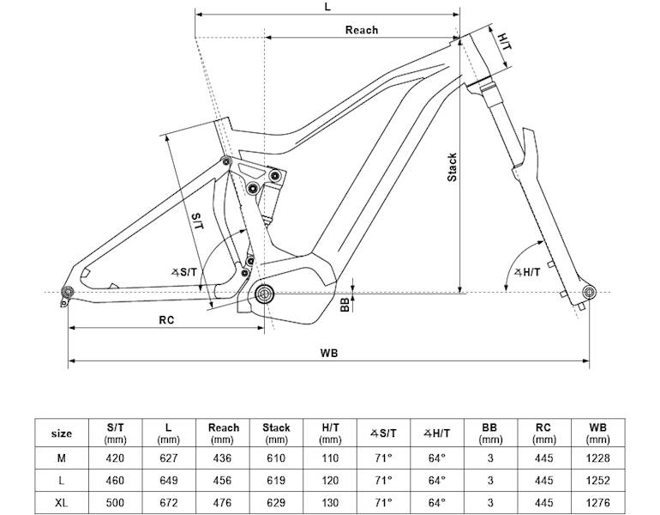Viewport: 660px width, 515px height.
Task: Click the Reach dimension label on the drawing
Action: (x=361, y=30)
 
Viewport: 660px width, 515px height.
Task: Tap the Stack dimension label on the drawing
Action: (x=452, y=167)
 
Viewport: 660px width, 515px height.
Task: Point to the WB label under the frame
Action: (x=328, y=352)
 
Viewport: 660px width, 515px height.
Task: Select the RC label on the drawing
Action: (x=167, y=319)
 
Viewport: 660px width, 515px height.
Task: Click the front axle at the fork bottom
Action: (x=588, y=294)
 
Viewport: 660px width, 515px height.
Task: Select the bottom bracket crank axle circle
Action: (x=263, y=294)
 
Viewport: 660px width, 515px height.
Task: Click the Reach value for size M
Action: (x=224, y=457)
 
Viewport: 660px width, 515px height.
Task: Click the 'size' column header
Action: (x=62, y=433)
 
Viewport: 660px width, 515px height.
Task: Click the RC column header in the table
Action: (x=543, y=433)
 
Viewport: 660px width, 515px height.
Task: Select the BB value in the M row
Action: (x=489, y=457)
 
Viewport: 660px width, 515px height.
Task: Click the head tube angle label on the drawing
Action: (x=526, y=272)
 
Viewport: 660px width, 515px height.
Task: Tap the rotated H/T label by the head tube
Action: (x=505, y=41)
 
